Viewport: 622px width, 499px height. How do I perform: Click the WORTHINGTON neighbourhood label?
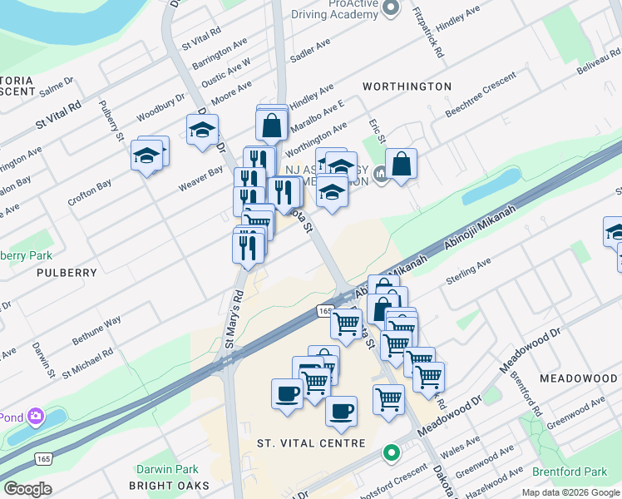(x=407, y=86)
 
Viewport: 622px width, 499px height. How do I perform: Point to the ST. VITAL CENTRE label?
(x=311, y=443)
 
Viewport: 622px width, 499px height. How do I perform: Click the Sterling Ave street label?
(x=470, y=265)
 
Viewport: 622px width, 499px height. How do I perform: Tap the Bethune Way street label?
(x=96, y=329)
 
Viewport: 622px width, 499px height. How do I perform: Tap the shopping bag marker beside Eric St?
(x=401, y=165)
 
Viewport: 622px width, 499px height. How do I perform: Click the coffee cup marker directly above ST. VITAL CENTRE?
(x=340, y=412)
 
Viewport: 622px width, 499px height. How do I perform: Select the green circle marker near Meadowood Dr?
(x=390, y=453)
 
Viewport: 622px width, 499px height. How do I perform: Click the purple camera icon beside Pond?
(x=35, y=416)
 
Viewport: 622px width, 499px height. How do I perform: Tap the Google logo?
(x=27, y=488)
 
